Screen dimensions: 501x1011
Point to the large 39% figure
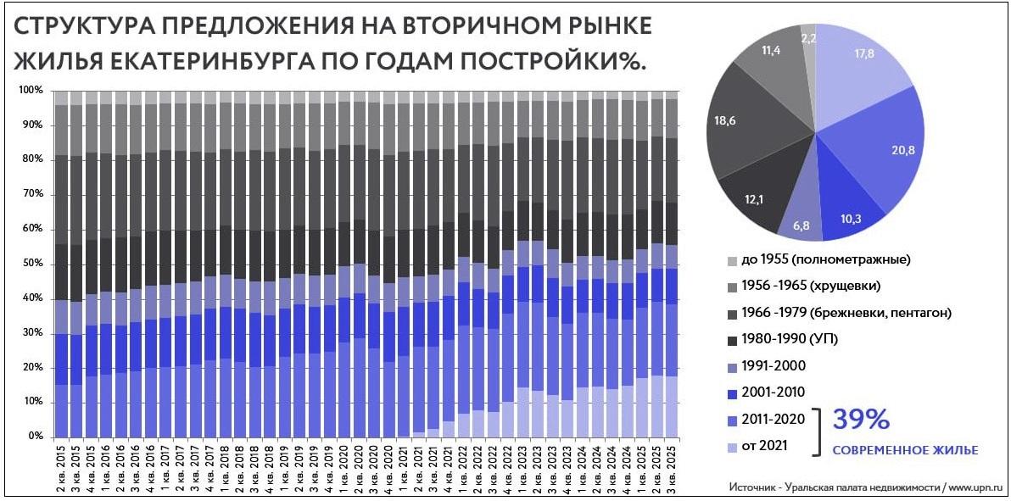[860, 420]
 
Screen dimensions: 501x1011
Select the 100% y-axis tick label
[31, 90]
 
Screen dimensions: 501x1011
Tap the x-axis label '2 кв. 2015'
[60, 465]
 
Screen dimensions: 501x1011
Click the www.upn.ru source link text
[975, 487]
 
